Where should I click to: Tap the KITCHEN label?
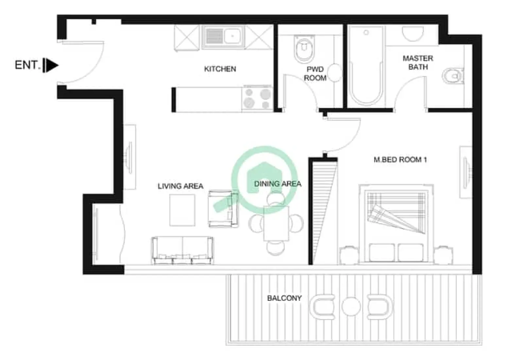(x=220, y=69)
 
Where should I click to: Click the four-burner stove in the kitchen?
(x=257, y=99)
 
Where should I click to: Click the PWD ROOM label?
(x=315, y=74)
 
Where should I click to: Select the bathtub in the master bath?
(x=366, y=65)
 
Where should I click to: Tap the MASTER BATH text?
(x=418, y=63)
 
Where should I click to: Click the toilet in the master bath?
(x=453, y=76)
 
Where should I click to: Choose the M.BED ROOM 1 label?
(x=400, y=160)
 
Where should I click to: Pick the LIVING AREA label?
(x=180, y=186)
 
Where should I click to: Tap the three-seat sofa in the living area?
(x=182, y=250)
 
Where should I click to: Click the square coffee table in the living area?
(x=182, y=210)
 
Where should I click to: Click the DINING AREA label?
(x=277, y=184)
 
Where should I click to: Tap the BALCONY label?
(x=284, y=298)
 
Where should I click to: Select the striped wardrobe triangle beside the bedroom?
(x=323, y=209)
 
